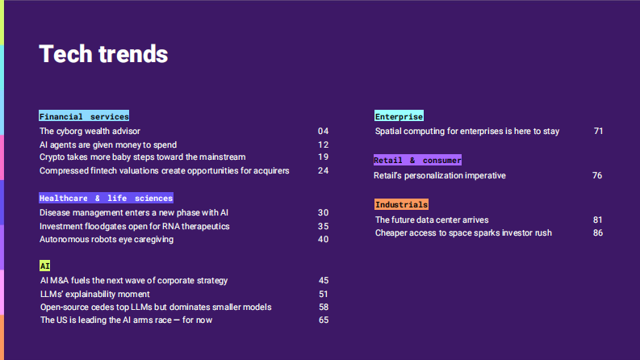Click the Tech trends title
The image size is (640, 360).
[103, 54]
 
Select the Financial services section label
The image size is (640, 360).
[84, 116]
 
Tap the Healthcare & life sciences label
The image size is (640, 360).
[106, 198]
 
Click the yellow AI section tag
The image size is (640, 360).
[45, 266]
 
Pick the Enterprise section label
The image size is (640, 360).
[399, 116]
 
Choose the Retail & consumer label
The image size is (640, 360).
[417, 160]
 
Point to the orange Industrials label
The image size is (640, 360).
[401, 204]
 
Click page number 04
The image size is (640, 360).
[324, 131]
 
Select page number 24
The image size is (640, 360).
[324, 170]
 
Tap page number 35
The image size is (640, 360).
[324, 226]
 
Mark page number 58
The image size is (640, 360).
[324, 307]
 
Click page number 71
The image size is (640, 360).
[598, 131]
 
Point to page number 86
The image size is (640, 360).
[598, 232]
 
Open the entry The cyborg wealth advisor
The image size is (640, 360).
[90, 131]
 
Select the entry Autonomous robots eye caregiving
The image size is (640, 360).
[107, 239]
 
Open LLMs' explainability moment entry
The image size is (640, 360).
[95, 294]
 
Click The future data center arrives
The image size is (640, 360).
[432, 220]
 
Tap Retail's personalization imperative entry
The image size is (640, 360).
[440, 175]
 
